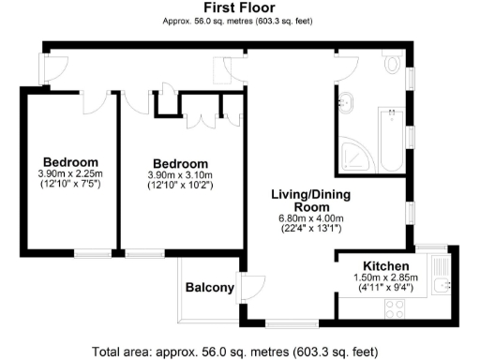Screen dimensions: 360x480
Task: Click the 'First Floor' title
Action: [x=238, y=7]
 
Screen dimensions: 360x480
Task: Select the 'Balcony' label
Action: [x=208, y=288]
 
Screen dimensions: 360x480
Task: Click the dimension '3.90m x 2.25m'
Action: [x=69, y=173]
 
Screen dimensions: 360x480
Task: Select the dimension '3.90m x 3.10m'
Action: [x=180, y=173]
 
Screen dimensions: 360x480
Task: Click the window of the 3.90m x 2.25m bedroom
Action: [x=92, y=252]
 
